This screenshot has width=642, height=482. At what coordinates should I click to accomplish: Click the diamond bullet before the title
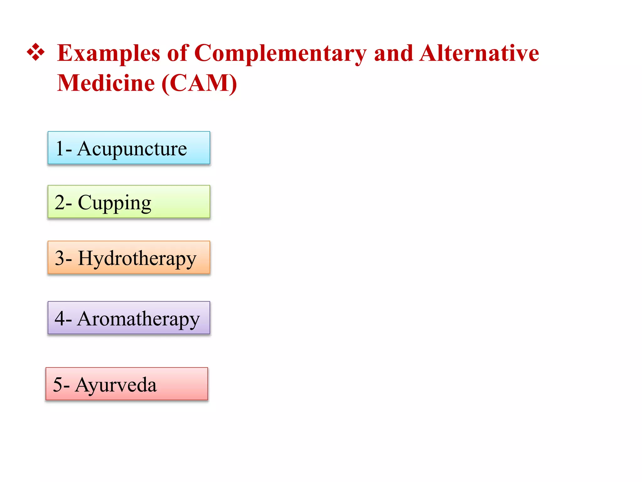pyautogui.click(x=36, y=52)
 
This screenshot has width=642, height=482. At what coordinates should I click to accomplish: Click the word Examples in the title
pyautogui.click(x=109, y=53)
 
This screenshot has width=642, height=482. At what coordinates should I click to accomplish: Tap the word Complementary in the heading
pyautogui.click(x=280, y=53)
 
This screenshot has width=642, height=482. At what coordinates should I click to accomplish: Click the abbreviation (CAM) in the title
pyautogui.click(x=199, y=83)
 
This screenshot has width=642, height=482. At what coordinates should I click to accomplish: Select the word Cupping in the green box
pyautogui.click(x=114, y=203)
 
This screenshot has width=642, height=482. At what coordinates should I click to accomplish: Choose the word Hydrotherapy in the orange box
pyautogui.click(x=137, y=259)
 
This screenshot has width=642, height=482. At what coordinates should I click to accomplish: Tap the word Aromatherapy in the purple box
pyautogui.click(x=138, y=319)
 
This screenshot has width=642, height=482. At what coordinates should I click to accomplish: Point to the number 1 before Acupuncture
pyautogui.click(x=60, y=148)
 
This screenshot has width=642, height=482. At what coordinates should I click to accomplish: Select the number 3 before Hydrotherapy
pyautogui.click(x=60, y=258)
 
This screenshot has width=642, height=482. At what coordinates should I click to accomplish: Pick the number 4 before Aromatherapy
pyautogui.click(x=60, y=319)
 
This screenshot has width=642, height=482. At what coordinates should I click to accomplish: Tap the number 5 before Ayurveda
pyautogui.click(x=58, y=385)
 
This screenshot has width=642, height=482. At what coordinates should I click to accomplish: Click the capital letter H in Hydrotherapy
pyautogui.click(x=85, y=258)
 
